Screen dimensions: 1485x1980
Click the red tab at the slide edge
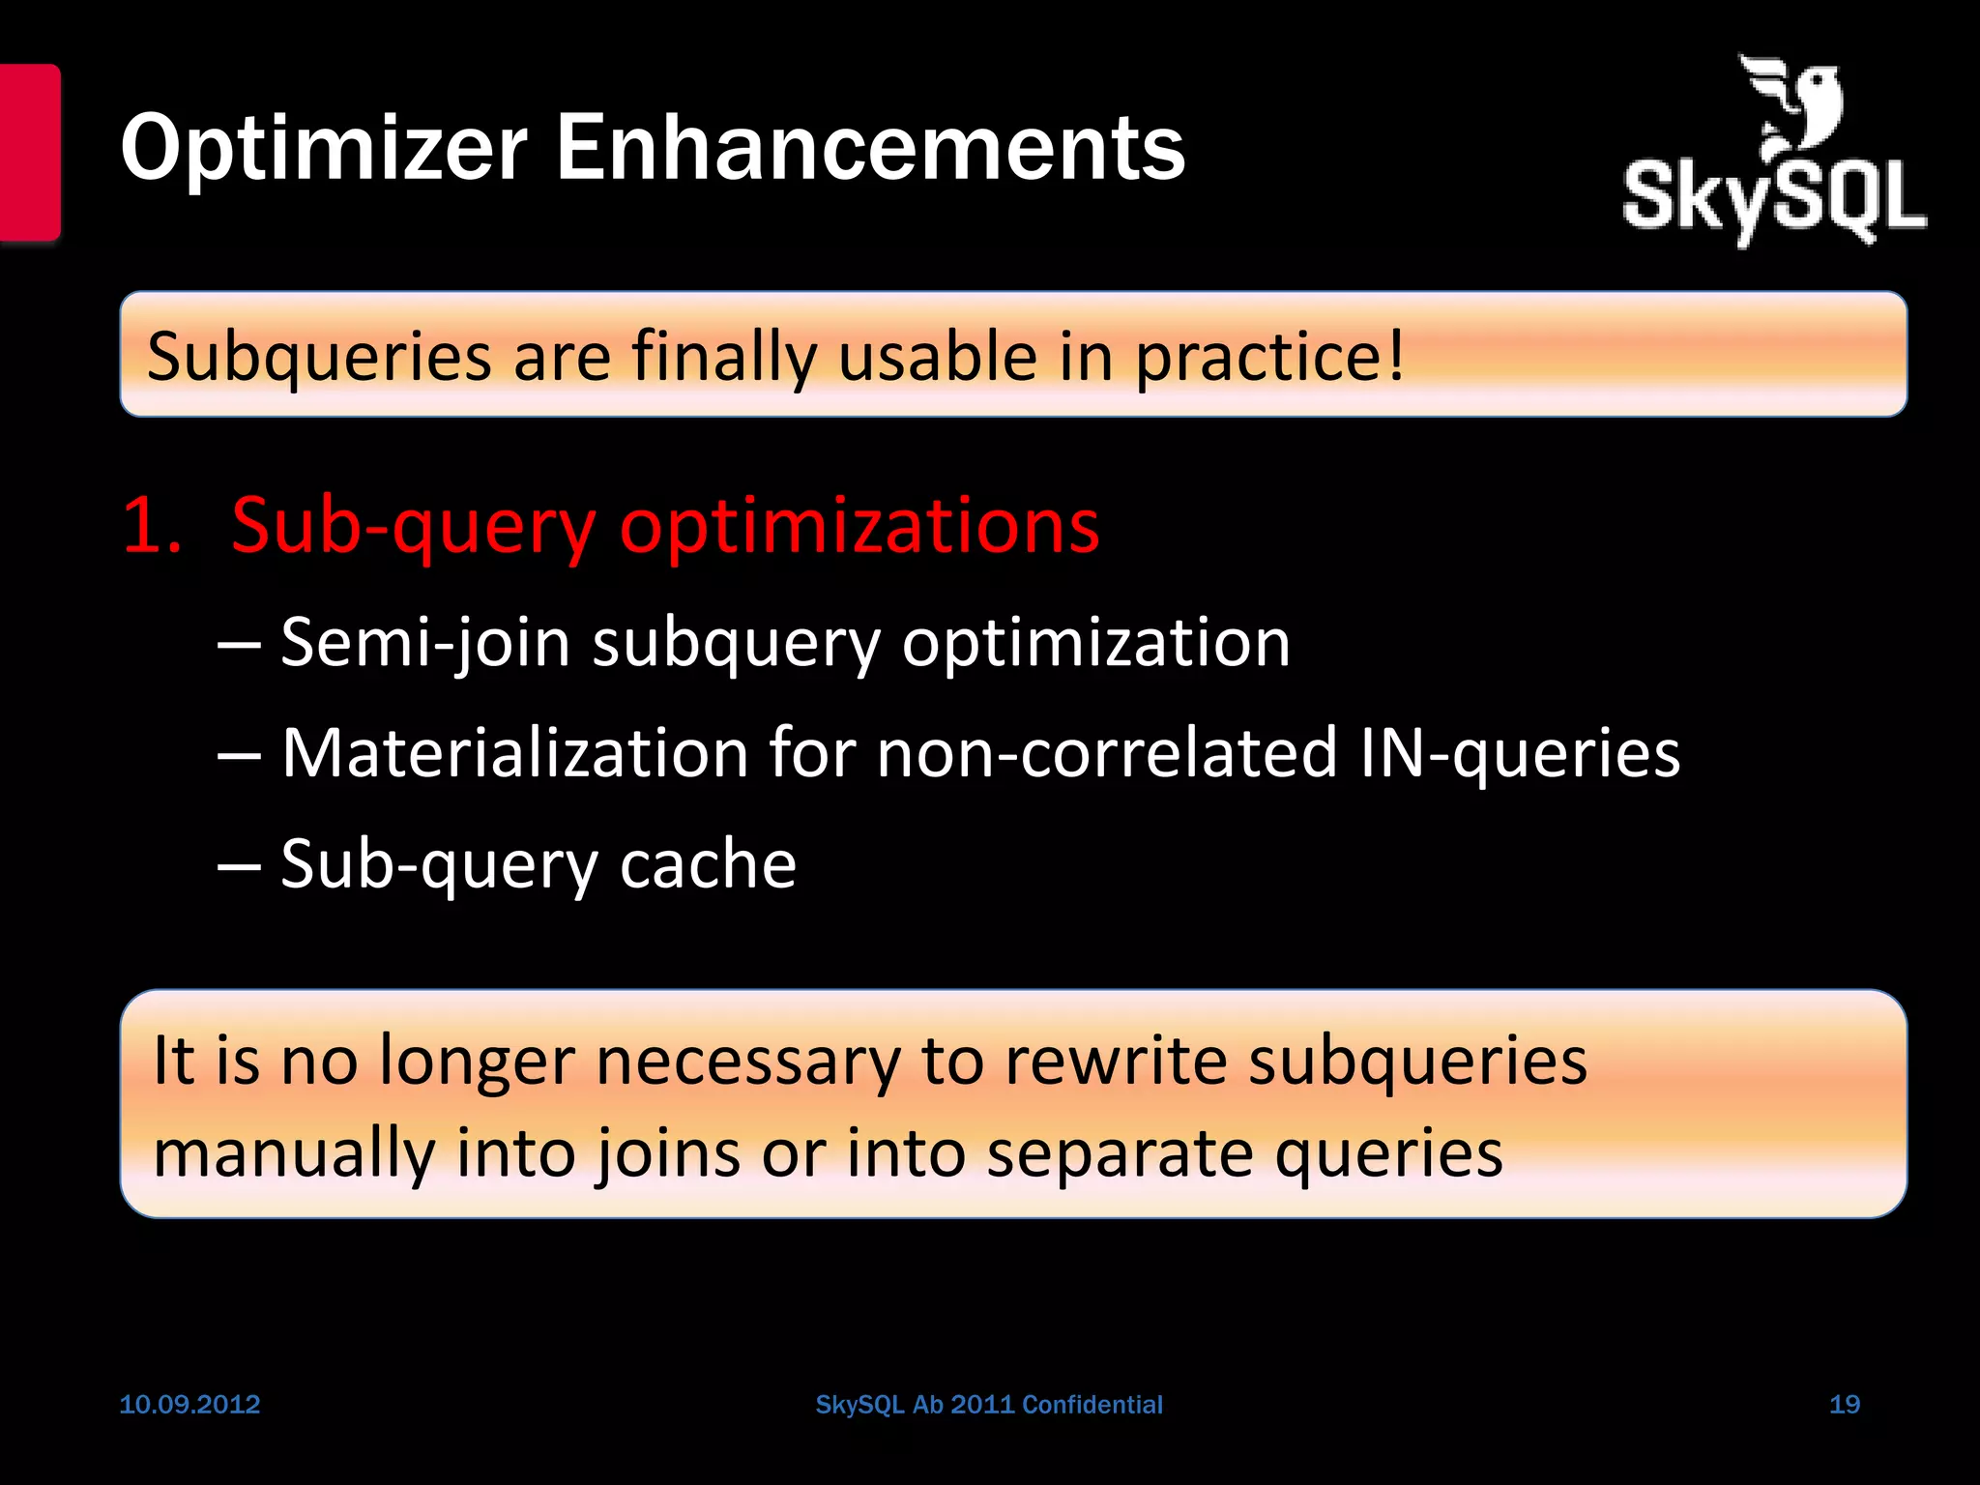tap(30, 152)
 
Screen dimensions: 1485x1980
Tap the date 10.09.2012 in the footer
tap(189, 1405)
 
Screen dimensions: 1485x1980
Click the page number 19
tap(1845, 1405)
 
